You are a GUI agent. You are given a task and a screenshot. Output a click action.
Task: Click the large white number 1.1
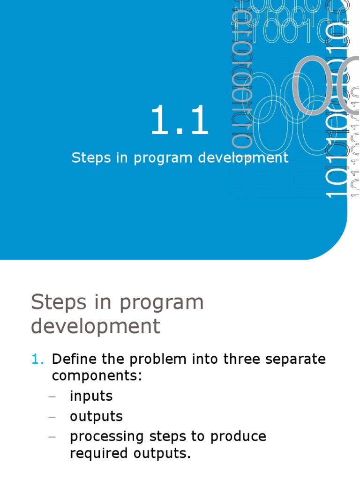tap(180, 120)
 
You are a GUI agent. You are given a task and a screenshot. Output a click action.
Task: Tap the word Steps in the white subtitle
tap(90, 157)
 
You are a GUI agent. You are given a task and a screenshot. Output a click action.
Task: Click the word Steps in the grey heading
tap(58, 303)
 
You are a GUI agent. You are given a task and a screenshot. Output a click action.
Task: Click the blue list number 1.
tap(37, 360)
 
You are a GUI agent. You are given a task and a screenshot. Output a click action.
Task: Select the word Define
tap(74, 360)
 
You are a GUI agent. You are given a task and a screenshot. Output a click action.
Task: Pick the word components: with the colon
tap(97, 376)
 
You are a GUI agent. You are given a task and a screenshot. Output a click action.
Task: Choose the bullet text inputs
tap(91, 397)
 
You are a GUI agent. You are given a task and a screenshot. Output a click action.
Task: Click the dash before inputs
tap(52, 397)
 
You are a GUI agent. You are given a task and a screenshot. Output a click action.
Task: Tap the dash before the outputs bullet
tap(52, 417)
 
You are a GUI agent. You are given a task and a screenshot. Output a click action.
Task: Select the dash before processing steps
tap(52, 437)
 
